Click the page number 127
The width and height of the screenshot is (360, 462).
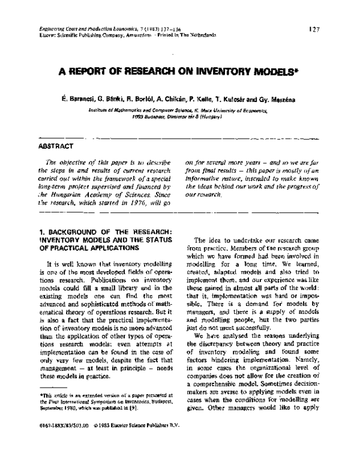[x=322, y=28]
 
